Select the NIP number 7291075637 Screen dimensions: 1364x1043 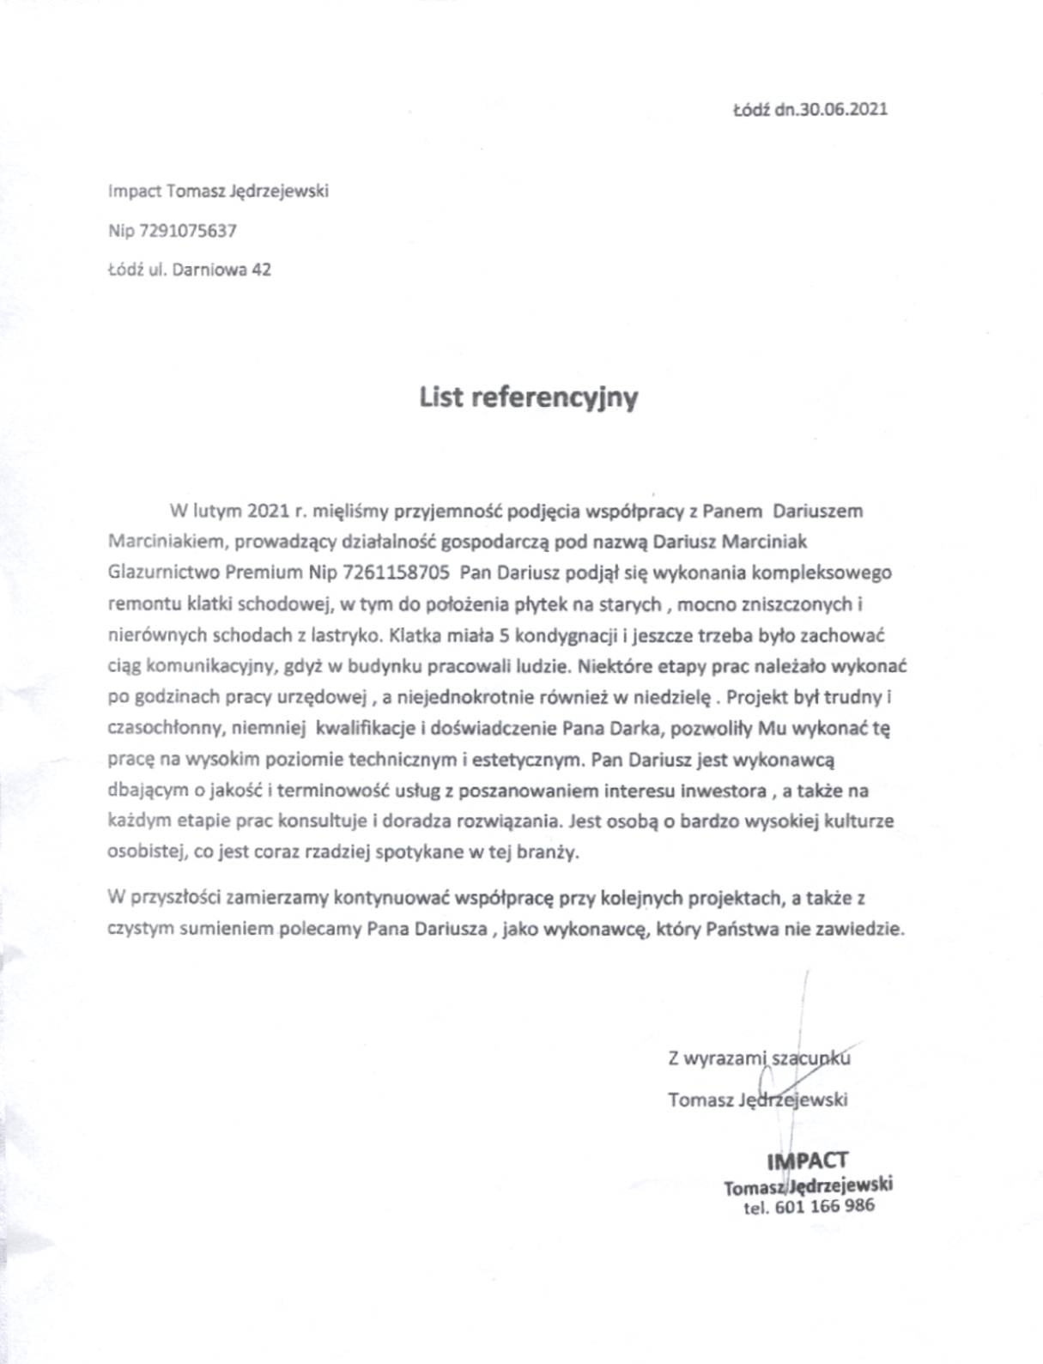pyautogui.click(x=187, y=230)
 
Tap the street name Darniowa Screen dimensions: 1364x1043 pyautogui.click(x=210, y=270)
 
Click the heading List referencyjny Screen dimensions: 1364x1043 pyautogui.click(x=528, y=397)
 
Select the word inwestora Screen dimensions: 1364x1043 pyautogui.click(x=719, y=791)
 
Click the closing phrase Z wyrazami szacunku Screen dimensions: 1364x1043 pyautogui.click(x=759, y=1058)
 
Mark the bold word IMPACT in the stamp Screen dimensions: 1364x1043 pyautogui.click(x=807, y=1161)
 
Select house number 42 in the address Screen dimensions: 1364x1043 pyautogui.click(x=261, y=270)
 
